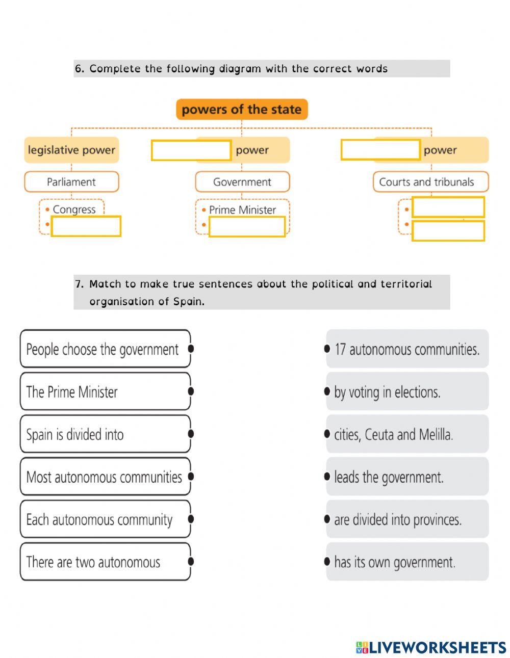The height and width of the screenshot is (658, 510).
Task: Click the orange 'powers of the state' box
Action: click(242, 109)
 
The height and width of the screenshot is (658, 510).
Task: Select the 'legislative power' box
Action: click(71, 150)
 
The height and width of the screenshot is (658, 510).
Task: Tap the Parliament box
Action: click(71, 181)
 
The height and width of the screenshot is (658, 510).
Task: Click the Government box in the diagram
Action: click(242, 181)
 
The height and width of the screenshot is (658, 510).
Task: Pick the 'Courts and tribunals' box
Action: click(430, 181)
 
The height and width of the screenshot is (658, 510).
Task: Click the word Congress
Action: click(74, 209)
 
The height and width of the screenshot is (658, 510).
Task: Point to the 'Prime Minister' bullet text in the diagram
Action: click(242, 209)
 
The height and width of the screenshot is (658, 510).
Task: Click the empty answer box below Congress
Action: click(86, 226)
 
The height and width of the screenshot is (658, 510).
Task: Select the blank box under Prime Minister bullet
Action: click(247, 226)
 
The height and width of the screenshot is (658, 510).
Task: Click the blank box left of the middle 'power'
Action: click(191, 150)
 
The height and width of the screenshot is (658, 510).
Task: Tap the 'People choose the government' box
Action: click(106, 349)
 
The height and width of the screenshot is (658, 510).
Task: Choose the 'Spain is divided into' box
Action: click(106, 434)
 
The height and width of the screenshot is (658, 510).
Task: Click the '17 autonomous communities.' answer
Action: click(407, 349)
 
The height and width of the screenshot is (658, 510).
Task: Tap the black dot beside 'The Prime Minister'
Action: click(191, 391)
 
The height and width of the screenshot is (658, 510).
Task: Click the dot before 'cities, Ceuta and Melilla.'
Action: click(327, 434)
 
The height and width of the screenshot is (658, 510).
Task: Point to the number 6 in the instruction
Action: click(78, 69)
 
